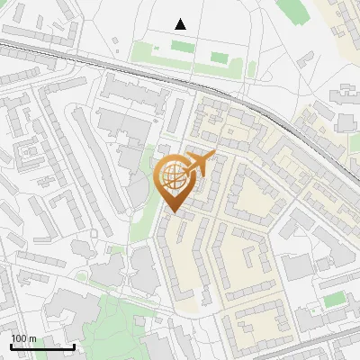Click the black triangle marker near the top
tap(181, 24)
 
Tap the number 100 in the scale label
tap(20, 339)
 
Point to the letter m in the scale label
tap(32, 339)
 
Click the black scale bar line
tap(42, 346)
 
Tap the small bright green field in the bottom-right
tap(335, 299)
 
